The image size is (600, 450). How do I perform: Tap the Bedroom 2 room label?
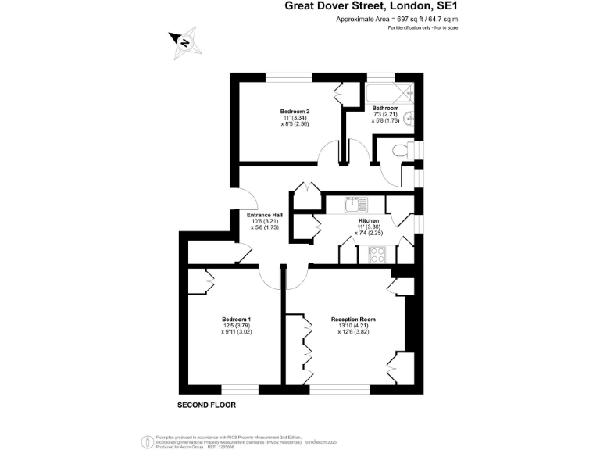point(295,111)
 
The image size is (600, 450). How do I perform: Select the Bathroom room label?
point(385,108)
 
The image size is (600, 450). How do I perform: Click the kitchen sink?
point(357,204)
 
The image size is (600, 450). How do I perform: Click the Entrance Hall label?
point(264,215)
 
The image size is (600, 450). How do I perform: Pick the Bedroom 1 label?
point(236,319)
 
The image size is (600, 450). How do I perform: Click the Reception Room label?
point(353,319)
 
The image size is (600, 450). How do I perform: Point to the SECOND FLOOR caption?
point(206,405)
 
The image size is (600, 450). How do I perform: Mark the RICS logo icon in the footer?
point(145,441)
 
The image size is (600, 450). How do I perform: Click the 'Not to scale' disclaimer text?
point(445,28)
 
